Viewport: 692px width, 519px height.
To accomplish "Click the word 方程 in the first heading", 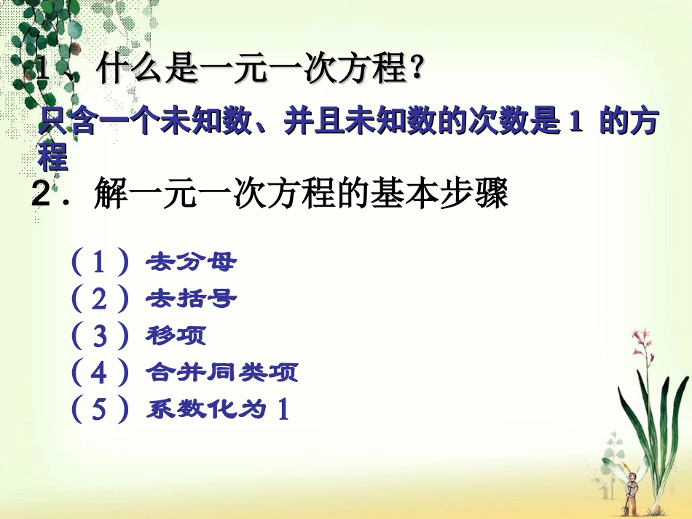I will click(x=374, y=71).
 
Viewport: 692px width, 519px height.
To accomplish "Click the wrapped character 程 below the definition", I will click(x=52, y=157).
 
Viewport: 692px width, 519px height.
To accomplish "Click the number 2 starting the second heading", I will click(x=41, y=194).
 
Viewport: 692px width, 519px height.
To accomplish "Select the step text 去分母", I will click(x=191, y=261).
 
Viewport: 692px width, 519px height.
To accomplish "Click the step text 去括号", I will click(x=191, y=298).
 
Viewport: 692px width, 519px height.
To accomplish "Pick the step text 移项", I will click(x=176, y=336).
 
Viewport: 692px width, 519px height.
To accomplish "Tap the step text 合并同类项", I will click(x=221, y=373).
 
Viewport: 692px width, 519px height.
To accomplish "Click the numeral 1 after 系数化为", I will click(x=283, y=411).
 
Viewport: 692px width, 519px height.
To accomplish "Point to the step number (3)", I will click(x=100, y=336).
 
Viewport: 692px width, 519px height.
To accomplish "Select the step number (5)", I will click(x=100, y=411).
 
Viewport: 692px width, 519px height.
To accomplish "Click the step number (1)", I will click(x=100, y=261).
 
